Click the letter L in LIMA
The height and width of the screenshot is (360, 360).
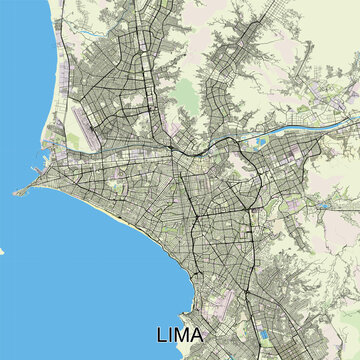163,334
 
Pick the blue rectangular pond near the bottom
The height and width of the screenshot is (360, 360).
264,307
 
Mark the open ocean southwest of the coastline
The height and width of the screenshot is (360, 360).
60,280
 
